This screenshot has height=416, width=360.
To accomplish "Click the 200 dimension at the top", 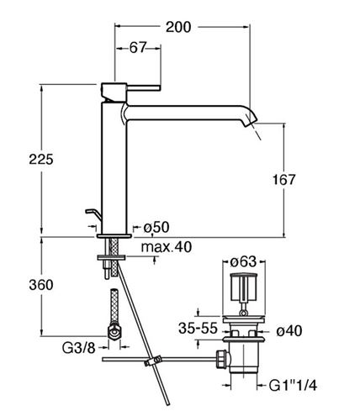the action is [x=178, y=27].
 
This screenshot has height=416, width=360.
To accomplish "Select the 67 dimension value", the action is [x=138, y=48].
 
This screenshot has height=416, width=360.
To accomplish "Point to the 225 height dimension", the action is [x=41, y=160].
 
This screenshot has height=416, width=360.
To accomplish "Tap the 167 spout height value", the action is [x=284, y=180].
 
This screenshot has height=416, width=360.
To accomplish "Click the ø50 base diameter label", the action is [x=156, y=227].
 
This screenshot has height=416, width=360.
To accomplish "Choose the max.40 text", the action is [x=167, y=247].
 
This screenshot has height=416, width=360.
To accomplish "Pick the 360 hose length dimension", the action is [x=41, y=285].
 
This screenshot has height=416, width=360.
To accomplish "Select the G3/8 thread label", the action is [x=79, y=348].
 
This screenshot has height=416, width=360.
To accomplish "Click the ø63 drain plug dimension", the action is [x=243, y=262].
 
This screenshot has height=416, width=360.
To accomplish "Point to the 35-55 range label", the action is [x=198, y=328].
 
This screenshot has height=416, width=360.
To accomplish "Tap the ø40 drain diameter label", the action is [x=289, y=331].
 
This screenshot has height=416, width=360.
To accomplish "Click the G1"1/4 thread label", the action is [x=293, y=386].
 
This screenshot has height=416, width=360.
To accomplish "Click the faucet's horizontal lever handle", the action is [x=144, y=87].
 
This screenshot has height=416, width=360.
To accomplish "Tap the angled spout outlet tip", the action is [x=251, y=119].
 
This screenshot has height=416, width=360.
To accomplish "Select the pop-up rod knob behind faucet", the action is [x=92, y=214].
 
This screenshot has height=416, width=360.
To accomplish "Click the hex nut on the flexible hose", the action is [x=114, y=333].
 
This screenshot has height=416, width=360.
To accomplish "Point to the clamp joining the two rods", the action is [x=153, y=361].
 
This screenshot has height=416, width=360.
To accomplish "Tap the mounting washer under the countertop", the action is [x=111, y=257].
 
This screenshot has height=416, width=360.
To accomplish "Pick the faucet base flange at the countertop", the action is [x=114, y=236].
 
